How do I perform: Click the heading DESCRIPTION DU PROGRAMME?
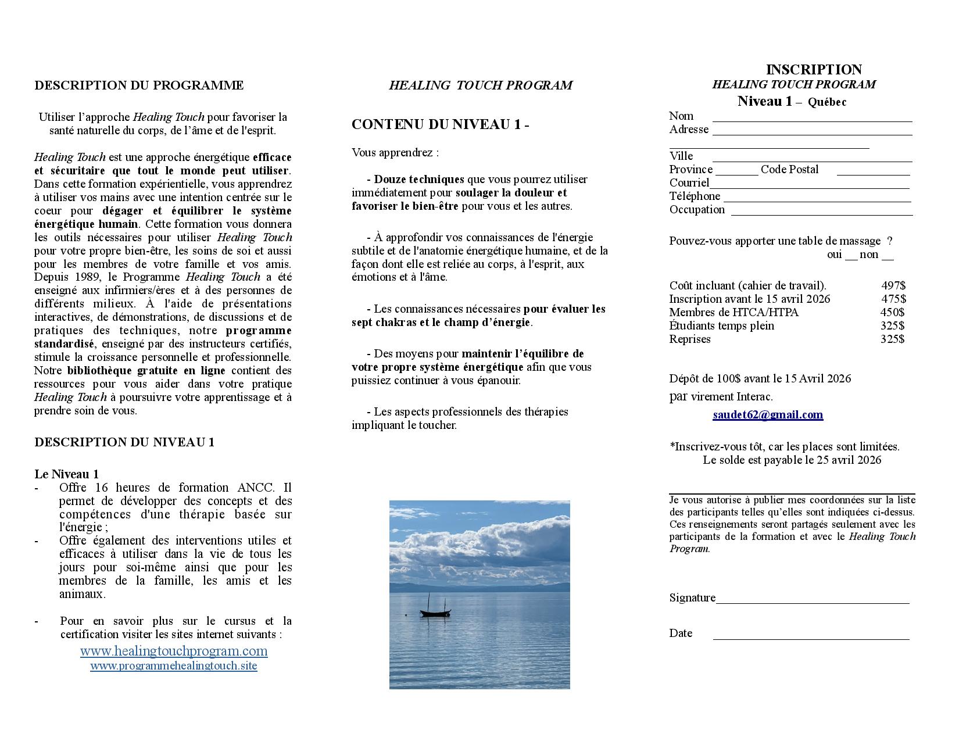(x=139, y=85)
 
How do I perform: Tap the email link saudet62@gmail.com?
(x=768, y=415)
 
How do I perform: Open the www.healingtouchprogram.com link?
(x=174, y=651)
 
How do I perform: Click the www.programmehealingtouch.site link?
(x=173, y=666)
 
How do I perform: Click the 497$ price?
(x=893, y=285)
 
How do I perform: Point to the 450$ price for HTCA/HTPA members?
(x=892, y=312)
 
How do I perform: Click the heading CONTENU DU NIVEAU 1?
(x=440, y=124)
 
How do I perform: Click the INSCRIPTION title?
(x=814, y=70)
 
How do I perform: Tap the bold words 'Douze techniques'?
(x=418, y=180)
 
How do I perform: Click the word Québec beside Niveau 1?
(x=827, y=102)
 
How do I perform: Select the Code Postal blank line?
(x=873, y=173)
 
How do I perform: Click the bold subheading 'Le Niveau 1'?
(x=67, y=474)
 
